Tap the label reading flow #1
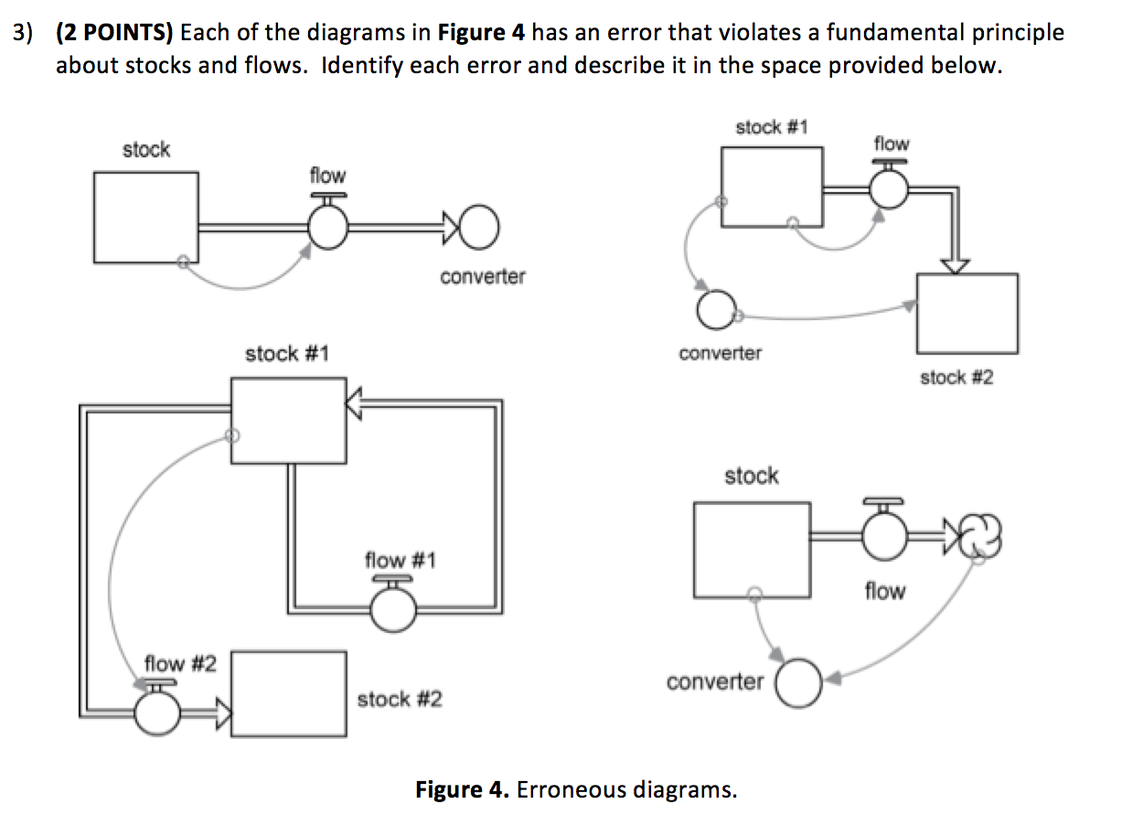400,559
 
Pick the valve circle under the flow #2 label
157,713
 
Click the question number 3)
24,34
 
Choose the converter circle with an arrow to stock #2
715,311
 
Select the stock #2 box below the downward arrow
967,314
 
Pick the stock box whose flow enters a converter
145,217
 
